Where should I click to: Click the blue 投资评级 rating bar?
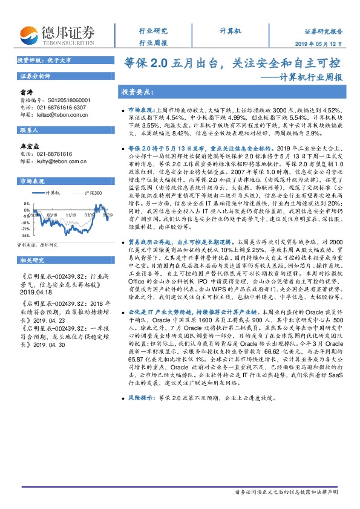pyautogui.click(x=61, y=61)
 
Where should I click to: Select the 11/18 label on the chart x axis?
pyautogui.click(x=70, y=214)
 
